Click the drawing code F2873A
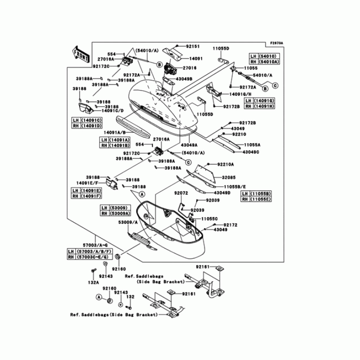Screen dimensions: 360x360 (276, 43)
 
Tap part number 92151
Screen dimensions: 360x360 (192, 46)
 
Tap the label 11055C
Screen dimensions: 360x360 (209, 218)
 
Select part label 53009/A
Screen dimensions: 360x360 (129, 221)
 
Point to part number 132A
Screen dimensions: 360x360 (93, 282)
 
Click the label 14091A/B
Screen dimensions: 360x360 (115, 132)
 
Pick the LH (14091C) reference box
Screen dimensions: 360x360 (87, 120)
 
